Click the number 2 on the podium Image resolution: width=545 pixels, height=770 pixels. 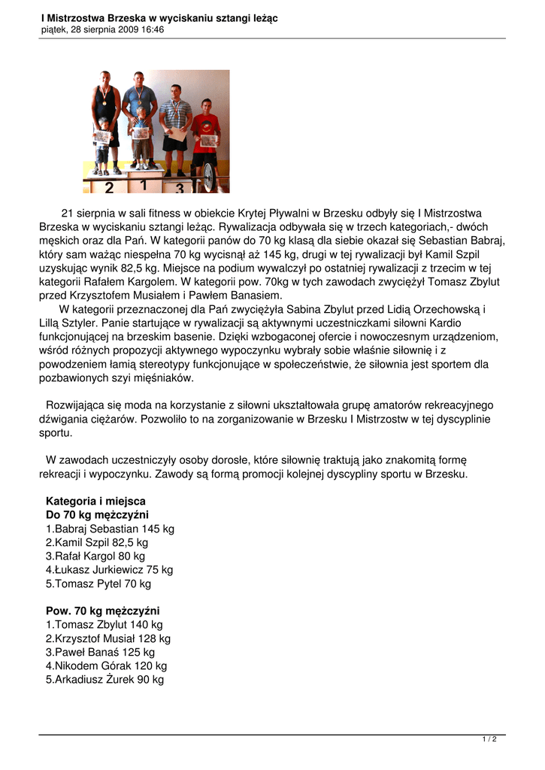110,187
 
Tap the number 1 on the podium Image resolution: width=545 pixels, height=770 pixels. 143,183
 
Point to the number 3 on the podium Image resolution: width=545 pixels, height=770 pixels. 180,189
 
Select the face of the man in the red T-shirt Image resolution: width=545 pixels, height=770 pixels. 205,106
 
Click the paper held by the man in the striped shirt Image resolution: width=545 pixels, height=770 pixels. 177,134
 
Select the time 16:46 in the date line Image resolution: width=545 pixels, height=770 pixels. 151,30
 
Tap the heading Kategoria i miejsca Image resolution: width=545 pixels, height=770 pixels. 95,501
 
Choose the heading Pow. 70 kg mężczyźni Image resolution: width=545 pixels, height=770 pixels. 102,611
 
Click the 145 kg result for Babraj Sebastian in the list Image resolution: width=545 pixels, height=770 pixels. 155,529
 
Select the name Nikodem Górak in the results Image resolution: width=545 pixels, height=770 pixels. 88,665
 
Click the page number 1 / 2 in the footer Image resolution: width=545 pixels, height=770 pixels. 489,739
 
